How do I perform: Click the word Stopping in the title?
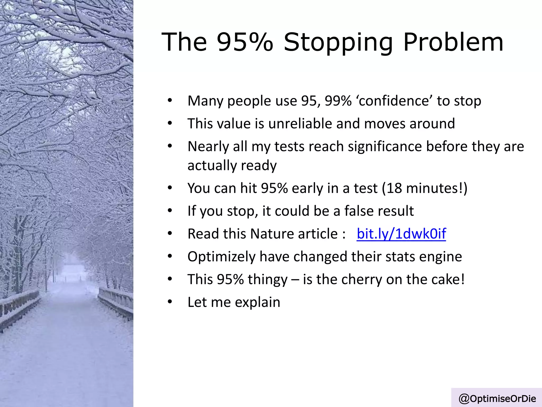pyautogui.click(x=338, y=42)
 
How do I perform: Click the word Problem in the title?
pyautogui.click(x=453, y=42)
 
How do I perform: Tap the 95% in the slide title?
pyautogui.click(x=245, y=42)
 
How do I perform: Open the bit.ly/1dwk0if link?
pyautogui.click(x=401, y=234)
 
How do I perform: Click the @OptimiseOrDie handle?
pyautogui.click(x=497, y=398)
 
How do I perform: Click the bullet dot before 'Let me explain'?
pyautogui.click(x=170, y=302)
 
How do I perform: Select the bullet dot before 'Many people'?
pyautogui.click(x=170, y=100)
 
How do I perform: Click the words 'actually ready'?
pyautogui.click(x=232, y=166)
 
